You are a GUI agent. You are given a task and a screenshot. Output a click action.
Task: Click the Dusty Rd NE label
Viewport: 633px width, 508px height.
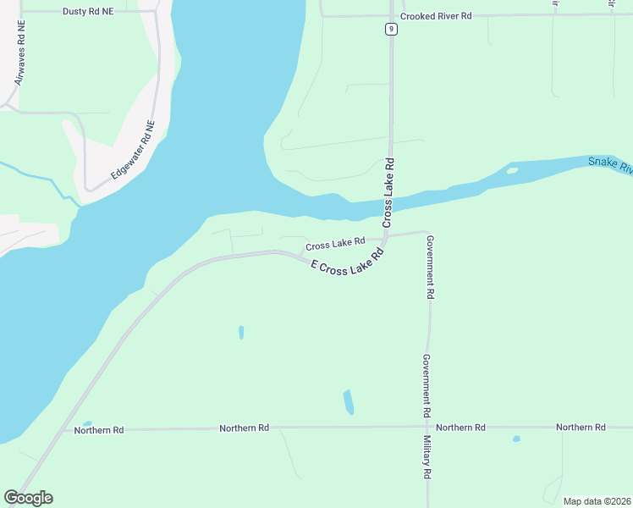pos(88,12)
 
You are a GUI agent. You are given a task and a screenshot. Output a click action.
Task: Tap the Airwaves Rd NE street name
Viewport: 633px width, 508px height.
pos(19,53)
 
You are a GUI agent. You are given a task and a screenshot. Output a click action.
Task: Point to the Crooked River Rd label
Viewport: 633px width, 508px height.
pos(436,16)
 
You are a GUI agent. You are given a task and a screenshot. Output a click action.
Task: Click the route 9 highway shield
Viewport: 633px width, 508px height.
pos(390,29)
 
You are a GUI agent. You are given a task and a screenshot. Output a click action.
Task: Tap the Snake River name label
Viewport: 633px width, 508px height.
pos(611,163)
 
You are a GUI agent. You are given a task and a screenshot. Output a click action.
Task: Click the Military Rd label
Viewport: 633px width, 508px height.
pos(428,458)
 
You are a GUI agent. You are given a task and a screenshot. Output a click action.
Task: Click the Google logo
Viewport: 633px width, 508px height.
pos(28,498)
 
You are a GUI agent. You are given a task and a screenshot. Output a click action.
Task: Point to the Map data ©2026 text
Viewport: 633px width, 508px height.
pos(596,501)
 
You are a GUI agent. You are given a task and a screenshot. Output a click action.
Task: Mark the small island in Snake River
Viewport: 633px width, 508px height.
pos(512,170)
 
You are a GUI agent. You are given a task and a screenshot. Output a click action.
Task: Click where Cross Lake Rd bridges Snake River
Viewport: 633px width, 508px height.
pos(390,203)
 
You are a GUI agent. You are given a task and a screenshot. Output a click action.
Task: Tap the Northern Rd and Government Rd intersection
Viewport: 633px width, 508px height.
pos(429,428)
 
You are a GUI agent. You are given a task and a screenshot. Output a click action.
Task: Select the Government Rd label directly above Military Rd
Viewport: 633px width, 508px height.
pos(428,384)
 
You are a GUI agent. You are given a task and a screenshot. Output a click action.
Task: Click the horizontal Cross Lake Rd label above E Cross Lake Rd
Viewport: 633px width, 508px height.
pos(335,243)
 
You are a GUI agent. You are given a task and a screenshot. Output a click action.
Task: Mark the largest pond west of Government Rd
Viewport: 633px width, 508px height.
pos(349,401)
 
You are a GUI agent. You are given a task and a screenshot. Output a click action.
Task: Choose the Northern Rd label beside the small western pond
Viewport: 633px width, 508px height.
pos(99,430)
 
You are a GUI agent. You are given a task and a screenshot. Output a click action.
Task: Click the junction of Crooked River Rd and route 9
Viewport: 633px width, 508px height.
pos(390,15)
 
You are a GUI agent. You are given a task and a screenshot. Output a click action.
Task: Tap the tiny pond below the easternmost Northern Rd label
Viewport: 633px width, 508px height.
pos(516,439)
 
